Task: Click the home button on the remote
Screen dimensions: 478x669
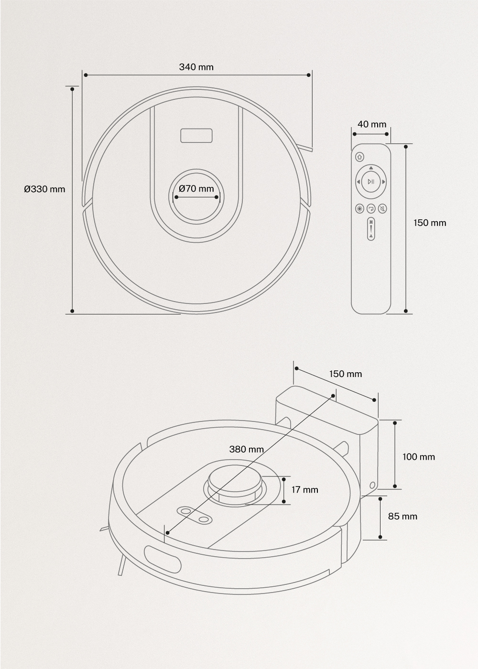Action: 359,157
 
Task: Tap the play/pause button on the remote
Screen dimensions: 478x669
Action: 371,182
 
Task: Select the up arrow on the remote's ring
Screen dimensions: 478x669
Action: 371,168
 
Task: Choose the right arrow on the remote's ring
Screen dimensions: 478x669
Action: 383,182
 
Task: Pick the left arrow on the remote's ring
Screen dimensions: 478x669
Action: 358,182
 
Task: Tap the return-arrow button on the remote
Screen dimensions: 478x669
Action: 371,208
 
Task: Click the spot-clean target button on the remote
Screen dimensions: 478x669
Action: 359,208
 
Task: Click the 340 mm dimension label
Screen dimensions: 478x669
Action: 196,67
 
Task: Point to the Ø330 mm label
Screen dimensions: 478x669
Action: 44,189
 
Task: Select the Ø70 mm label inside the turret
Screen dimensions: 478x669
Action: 196,188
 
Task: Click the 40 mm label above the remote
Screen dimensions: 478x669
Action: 372,124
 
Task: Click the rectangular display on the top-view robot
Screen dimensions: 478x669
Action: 196,136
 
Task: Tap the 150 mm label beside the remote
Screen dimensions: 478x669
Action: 430,223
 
